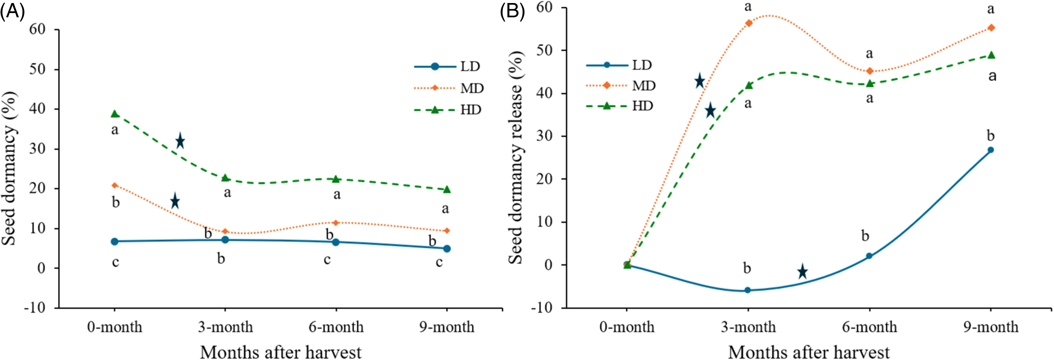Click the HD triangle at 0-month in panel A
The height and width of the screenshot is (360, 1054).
115,114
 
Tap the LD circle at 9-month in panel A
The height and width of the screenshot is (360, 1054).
447,249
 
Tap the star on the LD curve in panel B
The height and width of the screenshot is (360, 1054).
802,271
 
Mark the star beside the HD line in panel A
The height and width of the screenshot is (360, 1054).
180,141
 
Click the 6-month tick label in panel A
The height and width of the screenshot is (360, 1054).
336,327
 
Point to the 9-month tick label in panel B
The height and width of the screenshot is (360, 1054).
991,327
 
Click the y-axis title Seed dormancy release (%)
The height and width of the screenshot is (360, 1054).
516,158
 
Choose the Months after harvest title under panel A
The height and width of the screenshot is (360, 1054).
281,352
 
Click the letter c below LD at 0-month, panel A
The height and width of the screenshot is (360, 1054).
115,262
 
